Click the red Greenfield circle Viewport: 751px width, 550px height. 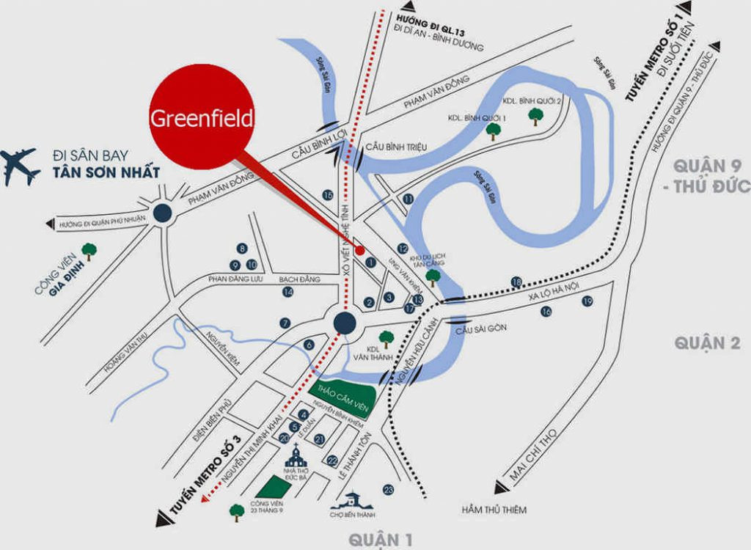[202, 118]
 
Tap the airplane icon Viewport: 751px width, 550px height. [21, 166]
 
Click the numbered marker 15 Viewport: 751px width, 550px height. [328, 195]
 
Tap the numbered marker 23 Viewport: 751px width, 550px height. [389, 490]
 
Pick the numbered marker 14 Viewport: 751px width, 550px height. [288, 293]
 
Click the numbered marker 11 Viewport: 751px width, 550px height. [409, 199]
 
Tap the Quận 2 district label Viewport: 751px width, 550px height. [708, 342]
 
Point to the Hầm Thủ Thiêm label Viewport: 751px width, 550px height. [494, 510]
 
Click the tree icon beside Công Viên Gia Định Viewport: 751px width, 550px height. [89, 252]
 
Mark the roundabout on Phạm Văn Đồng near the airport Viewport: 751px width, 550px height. [162, 213]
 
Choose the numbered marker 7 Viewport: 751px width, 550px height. [284, 323]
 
